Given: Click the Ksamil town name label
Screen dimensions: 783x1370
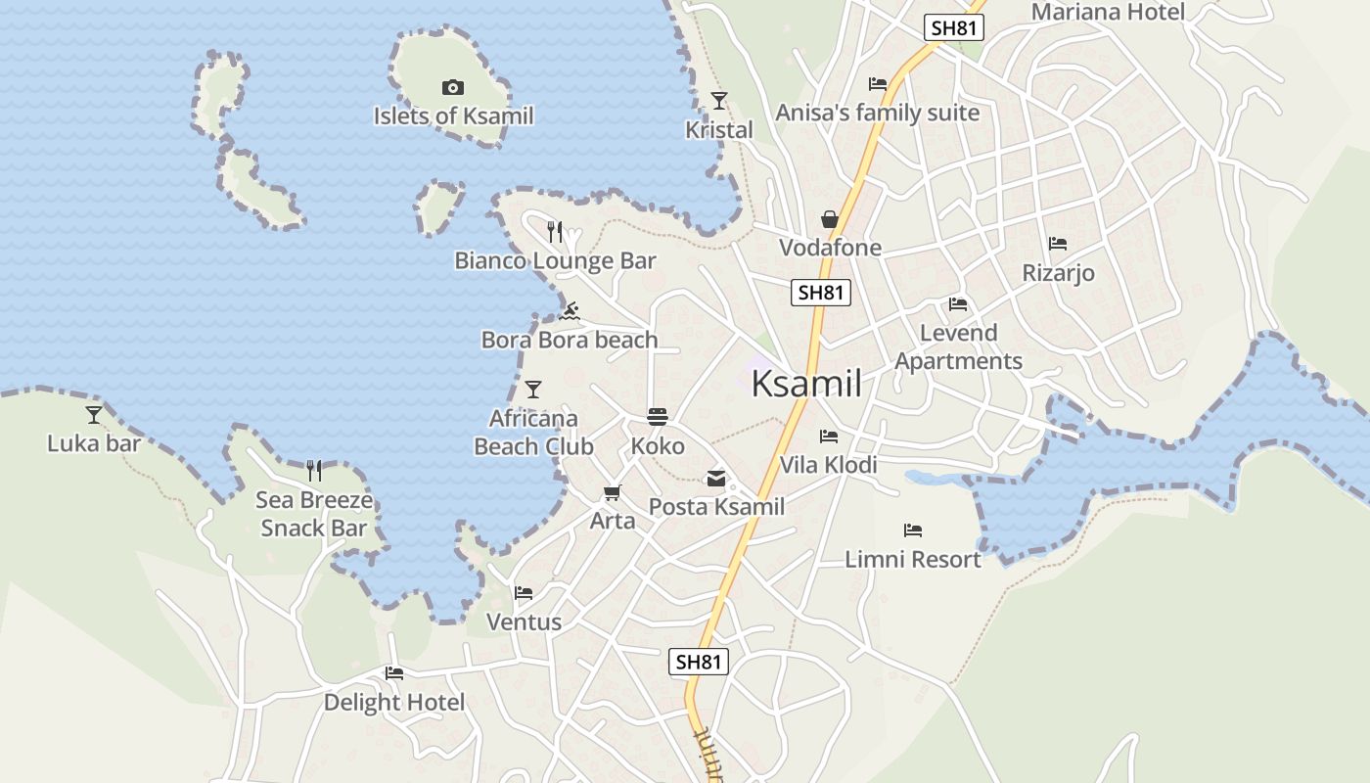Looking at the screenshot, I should [x=806, y=384].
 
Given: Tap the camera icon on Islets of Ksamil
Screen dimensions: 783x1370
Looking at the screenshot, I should [x=452, y=88].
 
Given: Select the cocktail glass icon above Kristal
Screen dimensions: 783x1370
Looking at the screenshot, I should [x=719, y=100].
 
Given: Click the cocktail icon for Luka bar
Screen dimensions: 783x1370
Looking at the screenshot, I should [x=94, y=415].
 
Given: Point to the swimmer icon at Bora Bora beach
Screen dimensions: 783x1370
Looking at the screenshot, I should [x=570, y=312].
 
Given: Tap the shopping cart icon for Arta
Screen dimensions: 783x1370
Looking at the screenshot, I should [x=613, y=493].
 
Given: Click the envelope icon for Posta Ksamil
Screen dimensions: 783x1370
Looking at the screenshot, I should [x=716, y=479].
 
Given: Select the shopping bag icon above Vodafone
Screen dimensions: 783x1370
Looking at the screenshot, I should [x=830, y=219].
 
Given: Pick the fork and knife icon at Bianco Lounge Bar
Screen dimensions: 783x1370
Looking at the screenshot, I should [x=555, y=232].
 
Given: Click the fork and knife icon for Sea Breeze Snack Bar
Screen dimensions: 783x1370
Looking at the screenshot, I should [x=314, y=471].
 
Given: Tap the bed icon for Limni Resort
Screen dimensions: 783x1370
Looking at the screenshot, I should [x=913, y=530].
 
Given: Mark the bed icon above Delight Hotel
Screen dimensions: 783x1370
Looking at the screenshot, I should [x=394, y=673].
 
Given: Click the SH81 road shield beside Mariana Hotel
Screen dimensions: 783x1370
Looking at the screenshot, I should [x=953, y=27].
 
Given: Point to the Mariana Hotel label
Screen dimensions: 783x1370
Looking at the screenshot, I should [x=1108, y=12].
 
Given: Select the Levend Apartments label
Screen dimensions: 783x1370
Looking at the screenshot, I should [x=958, y=346].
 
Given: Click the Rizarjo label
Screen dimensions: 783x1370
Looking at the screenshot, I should [x=1058, y=273].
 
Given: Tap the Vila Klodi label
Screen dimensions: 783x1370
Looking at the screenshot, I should [x=828, y=465].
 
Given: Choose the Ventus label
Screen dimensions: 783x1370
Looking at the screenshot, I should [x=524, y=622].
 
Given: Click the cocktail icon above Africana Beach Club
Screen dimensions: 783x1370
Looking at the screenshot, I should [x=533, y=390].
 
